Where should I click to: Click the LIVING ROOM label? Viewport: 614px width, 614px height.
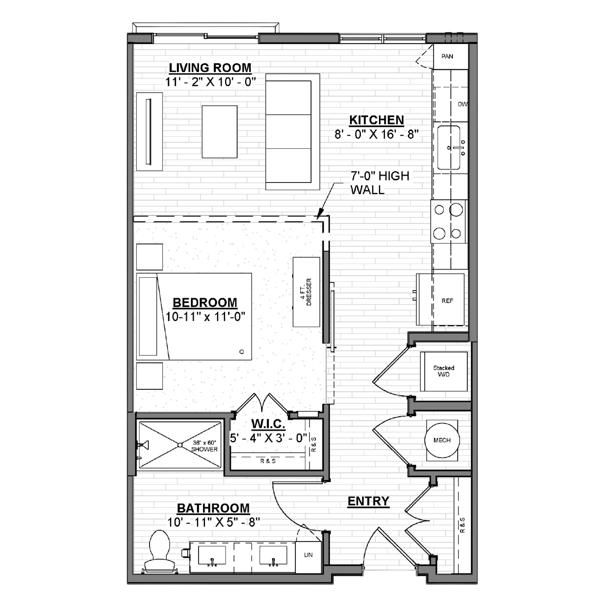[210, 68]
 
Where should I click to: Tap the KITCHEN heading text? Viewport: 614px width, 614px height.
[377, 120]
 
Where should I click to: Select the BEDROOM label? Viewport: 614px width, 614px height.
[205, 303]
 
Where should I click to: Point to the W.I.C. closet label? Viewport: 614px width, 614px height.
[268, 424]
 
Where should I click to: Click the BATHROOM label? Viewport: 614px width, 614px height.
[213, 508]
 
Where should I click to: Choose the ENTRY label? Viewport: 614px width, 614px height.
[368, 501]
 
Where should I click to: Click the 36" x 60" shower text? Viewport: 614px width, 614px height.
[204, 446]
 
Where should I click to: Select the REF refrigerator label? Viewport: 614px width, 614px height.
[447, 301]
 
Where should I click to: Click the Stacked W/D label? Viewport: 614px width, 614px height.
[444, 371]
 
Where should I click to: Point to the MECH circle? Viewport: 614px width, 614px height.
[442, 440]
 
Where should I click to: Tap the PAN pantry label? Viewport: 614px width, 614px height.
[447, 56]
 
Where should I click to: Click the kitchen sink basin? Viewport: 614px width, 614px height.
[449, 148]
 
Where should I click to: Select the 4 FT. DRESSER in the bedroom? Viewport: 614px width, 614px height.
[306, 292]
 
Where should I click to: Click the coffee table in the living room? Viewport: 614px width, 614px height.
[220, 132]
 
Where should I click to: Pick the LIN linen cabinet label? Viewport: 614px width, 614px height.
[308, 555]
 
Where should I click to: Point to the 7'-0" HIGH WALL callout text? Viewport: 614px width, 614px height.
[380, 183]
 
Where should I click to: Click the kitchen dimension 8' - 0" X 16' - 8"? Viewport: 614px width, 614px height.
[377, 134]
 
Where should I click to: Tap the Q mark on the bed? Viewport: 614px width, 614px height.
[242, 352]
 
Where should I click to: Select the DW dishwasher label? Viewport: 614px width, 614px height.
[463, 104]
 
